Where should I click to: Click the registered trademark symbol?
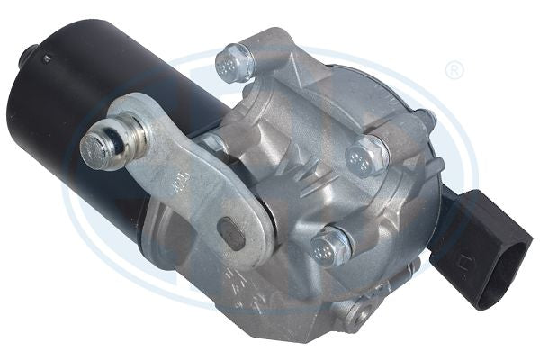pyautogui.click(x=455, y=70)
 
